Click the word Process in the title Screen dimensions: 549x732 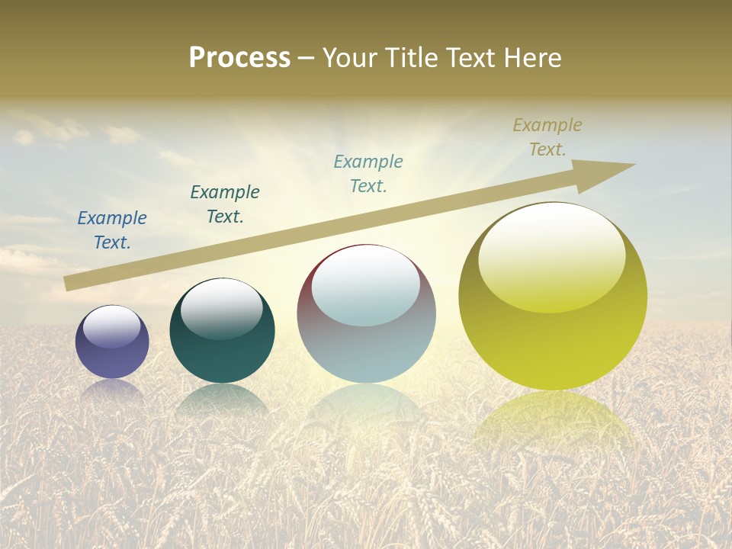point(239,58)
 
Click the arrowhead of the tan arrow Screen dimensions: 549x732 point(610,171)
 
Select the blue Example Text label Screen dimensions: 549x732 point(112,230)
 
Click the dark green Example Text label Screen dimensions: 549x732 point(225,204)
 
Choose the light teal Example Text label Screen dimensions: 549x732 point(368,174)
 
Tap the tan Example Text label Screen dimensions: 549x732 point(547,137)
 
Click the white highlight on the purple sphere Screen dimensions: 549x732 point(112,326)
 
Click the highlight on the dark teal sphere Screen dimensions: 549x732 point(221,309)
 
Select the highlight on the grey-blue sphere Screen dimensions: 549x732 point(366,286)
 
